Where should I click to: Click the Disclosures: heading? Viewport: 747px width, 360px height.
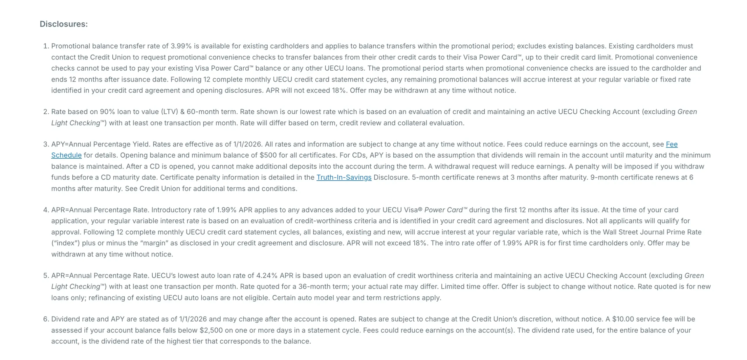pos(64,24)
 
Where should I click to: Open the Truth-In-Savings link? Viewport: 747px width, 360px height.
pos(344,177)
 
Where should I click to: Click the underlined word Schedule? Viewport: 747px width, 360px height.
pos(66,155)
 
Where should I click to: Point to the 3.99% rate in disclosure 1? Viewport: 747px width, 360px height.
pos(181,46)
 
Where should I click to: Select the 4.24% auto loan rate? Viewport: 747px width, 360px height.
pos(267,276)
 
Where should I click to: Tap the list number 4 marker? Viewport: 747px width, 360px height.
pos(46,210)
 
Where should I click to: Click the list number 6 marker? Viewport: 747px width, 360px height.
pos(46,319)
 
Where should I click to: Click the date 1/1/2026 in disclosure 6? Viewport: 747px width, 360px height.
pos(193,319)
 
